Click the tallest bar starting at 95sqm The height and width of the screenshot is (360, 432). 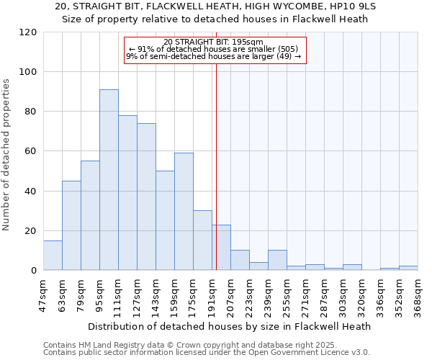coord(109,180)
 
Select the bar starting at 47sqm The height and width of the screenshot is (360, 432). coord(53,256)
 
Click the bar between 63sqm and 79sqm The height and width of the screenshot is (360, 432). coord(71,225)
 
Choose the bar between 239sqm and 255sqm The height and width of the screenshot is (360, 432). coord(277,261)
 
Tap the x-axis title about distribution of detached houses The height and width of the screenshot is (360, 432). coord(230,326)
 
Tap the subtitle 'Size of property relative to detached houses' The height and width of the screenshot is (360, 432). coord(215,19)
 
